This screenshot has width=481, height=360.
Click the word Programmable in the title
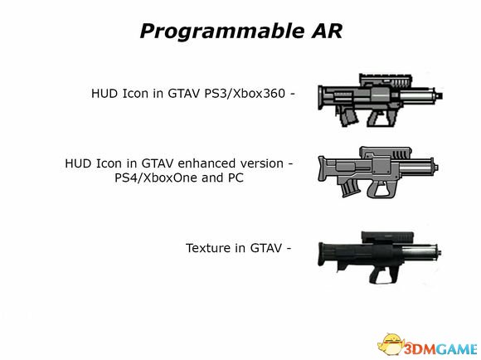pyautogui.click(x=221, y=32)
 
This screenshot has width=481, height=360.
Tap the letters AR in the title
pyautogui.click(x=327, y=31)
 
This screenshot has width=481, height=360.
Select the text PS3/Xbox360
pyautogui.click(x=245, y=93)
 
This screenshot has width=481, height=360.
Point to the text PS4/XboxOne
pyautogui.click(x=157, y=178)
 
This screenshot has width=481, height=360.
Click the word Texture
pyautogui.click(x=207, y=248)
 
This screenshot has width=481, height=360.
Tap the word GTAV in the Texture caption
pyautogui.click(x=265, y=248)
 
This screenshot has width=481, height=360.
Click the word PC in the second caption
pyautogui.click(x=236, y=178)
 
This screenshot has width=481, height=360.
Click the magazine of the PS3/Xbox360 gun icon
pyautogui.click(x=349, y=118)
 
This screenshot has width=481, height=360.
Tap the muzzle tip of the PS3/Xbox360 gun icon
pyautogui.click(x=440, y=95)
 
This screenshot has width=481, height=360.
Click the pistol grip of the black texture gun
pyautogui.click(x=373, y=275)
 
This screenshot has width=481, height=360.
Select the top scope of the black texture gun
pyautogui.click(x=387, y=237)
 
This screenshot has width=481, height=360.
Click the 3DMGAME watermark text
pyautogui.click(x=440, y=349)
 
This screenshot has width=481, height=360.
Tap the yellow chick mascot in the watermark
pyautogui.click(x=391, y=344)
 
